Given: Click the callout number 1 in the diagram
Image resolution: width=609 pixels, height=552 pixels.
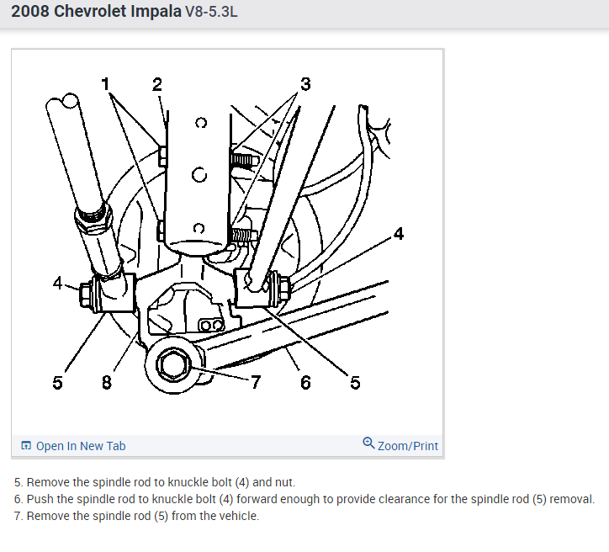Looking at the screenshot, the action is tap(105, 83).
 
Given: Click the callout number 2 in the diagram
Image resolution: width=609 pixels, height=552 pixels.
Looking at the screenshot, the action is tap(156, 83).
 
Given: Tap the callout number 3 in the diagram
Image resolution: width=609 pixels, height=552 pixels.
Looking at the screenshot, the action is tap(305, 83).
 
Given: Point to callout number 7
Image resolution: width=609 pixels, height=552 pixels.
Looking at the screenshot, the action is tap(256, 383).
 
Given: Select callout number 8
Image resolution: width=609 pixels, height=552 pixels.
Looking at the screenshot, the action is tap(106, 383).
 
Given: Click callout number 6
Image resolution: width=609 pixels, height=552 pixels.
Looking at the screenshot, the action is tap(305, 383).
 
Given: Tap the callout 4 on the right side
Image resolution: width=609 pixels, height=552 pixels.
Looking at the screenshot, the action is tap(398, 234).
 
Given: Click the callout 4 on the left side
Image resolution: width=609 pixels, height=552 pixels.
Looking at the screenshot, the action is tap(57, 284).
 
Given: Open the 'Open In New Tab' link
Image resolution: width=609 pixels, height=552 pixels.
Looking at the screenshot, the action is tap(81, 446).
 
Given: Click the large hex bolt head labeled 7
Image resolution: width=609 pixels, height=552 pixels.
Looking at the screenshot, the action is tap(173, 364).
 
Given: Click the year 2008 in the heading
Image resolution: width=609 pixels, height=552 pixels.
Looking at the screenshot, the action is tap(31, 13).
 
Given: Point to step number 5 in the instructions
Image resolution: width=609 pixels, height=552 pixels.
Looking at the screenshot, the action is tap(18, 482).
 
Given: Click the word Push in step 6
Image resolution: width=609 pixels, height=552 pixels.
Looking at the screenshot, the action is tap(40, 499).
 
